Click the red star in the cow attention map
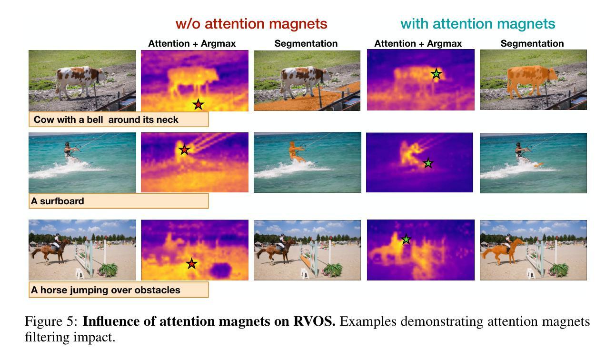pyautogui.click(x=199, y=104)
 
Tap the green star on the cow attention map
pyautogui.click(x=436, y=74)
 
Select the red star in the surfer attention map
pyautogui.click(x=184, y=150)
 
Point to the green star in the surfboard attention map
pyautogui.click(x=428, y=163)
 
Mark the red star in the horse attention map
pyautogui.click(x=192, y=263)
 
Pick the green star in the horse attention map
pyautogui.click(x=406, y=239)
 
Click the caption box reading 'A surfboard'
pyautogui.click(x=119, y=201)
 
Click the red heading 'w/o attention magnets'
pyautogui.click(x=251, y=24)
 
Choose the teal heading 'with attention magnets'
pyautogui.click(x=477, y=24)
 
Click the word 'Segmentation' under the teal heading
pyautogui.click(x=532, y=43)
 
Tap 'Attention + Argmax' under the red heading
pyautogui.click(x=192, y=43)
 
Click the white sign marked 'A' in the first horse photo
pyautogui.click(x=80, y=274)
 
